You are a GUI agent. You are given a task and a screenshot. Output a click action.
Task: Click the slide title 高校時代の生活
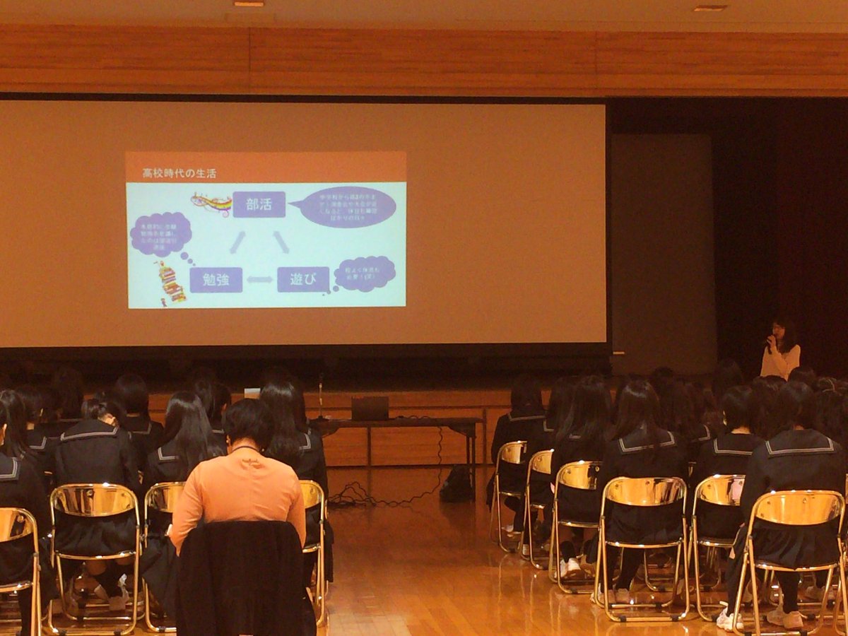tap(179, 172)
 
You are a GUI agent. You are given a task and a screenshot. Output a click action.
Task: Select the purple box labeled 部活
tap(259, 204)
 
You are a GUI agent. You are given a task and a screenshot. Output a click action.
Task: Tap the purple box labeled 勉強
tap(216, 279)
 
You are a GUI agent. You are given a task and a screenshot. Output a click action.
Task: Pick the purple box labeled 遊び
tap(302, 279)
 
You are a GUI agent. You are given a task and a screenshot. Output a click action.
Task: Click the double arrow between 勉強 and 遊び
tap(259, 280)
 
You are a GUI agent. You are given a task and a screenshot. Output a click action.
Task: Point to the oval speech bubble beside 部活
tap(346, 206)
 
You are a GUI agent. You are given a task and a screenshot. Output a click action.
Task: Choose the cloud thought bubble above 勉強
tap(160, 234)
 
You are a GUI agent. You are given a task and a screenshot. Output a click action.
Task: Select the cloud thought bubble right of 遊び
tap(365, 273)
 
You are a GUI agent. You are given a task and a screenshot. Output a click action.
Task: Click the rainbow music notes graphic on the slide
tap(211, 204)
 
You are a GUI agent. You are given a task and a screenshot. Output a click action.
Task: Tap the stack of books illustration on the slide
tap(170, 283)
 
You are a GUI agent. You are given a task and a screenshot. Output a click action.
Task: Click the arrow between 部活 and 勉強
tap(237, 242)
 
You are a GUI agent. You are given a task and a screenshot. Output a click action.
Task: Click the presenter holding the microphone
tap(780, 350)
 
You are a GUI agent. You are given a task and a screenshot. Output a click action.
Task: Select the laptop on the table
tap(370, 408)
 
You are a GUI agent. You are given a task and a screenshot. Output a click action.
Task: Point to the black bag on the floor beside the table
tap(457, 485)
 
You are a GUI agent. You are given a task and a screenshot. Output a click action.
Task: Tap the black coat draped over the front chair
tap(243, 579)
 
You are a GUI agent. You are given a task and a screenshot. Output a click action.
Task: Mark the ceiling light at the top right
tap(709, 8)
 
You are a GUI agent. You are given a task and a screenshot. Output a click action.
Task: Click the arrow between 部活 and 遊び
tap(281, 242)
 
